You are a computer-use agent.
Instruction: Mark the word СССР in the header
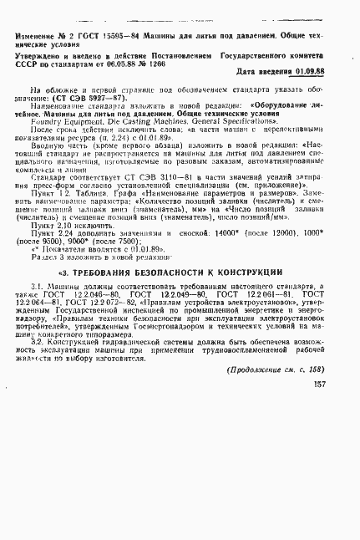coord(24,61)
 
